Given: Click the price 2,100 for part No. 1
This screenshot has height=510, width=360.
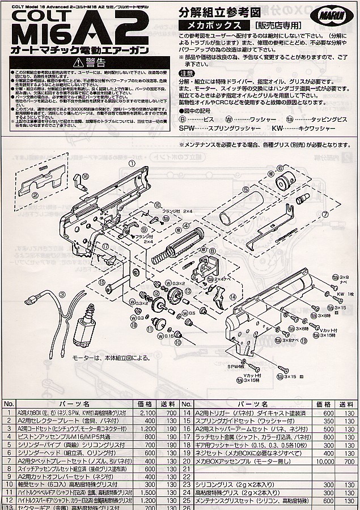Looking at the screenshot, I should coord(147,414).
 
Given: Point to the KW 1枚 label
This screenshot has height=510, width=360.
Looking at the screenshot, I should coord(344,294).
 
